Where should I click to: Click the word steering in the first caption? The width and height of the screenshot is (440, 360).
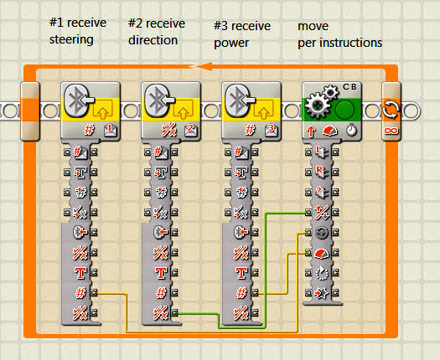point(71,39)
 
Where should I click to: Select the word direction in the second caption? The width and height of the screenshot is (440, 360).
point(153,40)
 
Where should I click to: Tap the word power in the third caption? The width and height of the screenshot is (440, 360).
point(231,44)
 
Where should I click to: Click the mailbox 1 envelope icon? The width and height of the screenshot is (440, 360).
point(111,130)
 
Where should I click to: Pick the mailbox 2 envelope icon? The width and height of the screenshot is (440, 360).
point(191,130)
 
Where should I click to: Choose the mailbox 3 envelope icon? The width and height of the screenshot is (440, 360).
point(271,130)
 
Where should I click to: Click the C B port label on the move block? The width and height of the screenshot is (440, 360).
point(349,87)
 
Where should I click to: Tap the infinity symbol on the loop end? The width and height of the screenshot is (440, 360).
point(391,131)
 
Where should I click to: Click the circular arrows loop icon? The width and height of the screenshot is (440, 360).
point(391,110)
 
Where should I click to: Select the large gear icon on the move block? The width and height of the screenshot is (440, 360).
point(318,105)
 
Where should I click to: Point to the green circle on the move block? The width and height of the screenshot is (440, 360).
point(344,110)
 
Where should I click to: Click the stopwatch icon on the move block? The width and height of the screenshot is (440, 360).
point(351,131)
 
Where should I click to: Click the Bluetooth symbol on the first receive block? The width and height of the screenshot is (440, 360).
point(76,100)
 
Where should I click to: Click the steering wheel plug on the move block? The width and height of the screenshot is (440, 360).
point(322,233)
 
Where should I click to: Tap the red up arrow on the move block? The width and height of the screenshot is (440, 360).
point(311,131)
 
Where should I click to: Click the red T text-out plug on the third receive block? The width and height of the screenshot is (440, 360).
point(241,273)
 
